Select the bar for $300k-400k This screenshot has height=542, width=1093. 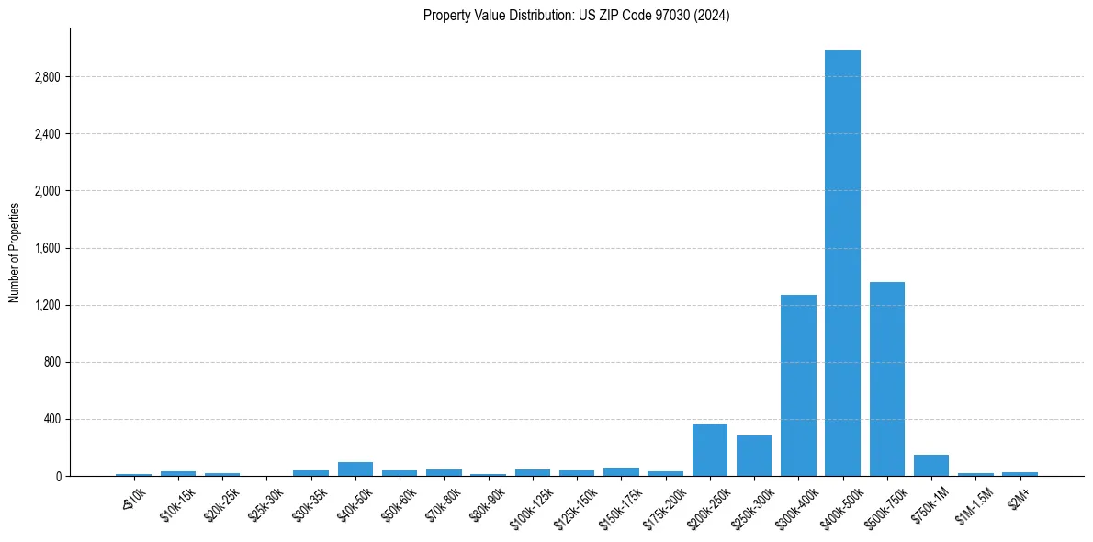pyautogui.click(x=798, y=386)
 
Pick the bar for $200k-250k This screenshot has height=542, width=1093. pyautogui.click(x=709, y=450)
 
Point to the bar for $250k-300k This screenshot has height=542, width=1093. pyautogui.click(x=754, y=456)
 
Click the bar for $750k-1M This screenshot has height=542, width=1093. pyautogui.click(x=930, y=466)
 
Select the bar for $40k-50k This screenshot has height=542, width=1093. pyautogui.click(x=355, y=469)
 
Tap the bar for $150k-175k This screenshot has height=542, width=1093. pyautogui.click(x=621, y=471)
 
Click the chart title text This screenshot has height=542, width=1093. pyautogui.click(x=576, y=16)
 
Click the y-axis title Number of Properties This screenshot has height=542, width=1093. pyautogui.click(x=15, y=252)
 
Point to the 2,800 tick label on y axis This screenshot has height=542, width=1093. pyautogui.click(x=46, y=77)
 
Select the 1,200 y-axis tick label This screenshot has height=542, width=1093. pyautogui.click(x=46, y=305)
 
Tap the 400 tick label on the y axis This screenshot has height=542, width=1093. pyautogui.click(x=51, y=419)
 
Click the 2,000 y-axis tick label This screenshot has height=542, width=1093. pyautogui.click(x=46, y=191)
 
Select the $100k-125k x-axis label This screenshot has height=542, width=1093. pyautogui.click(x=530, y=504)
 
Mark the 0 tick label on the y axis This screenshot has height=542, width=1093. pyautogui.click(x=57, y=476)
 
